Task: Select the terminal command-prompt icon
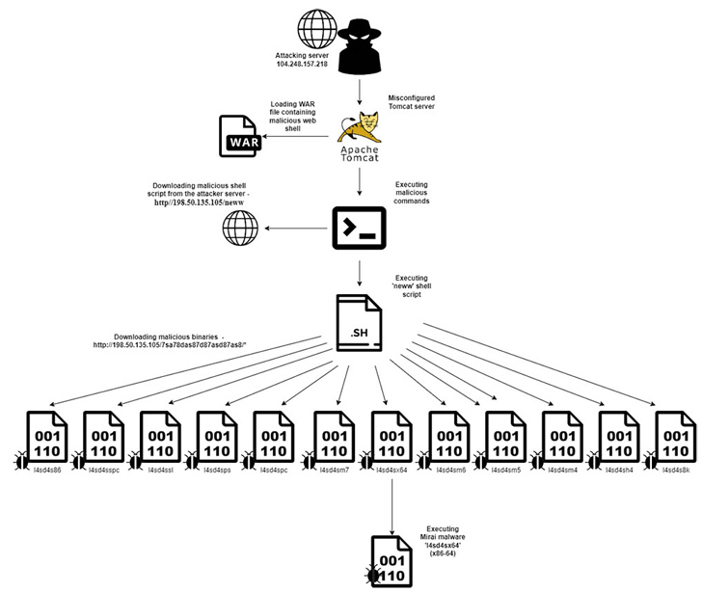360,228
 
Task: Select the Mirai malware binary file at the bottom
392,560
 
